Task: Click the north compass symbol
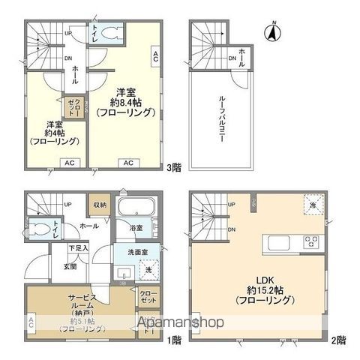(x=273, y=32)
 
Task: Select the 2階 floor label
(x=340, y=340)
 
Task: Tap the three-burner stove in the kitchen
(x=310, y=242)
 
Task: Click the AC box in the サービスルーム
(x=32, y=322)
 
